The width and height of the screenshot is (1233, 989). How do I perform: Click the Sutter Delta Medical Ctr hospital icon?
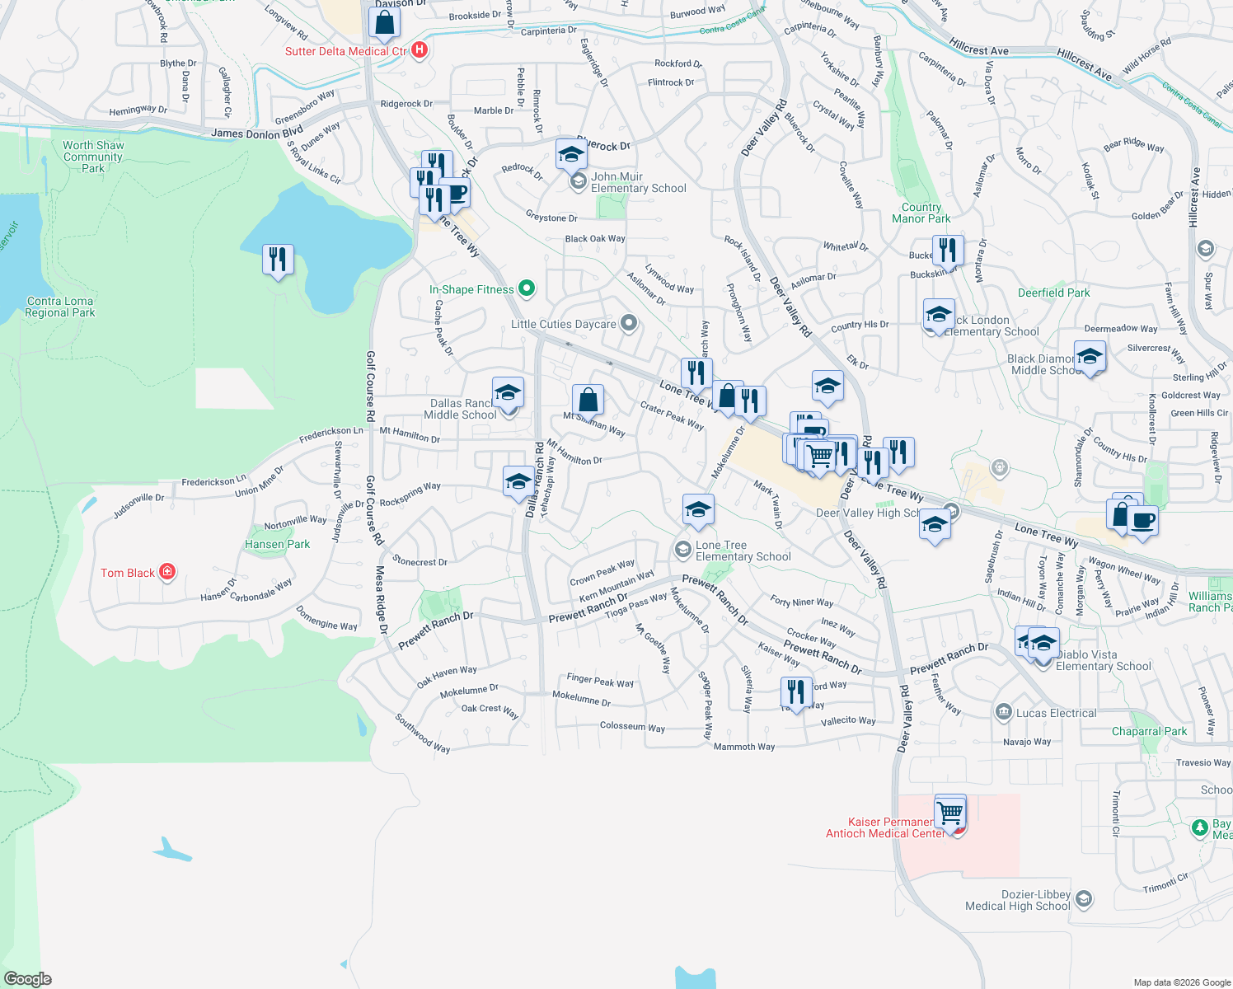click(x=420, y=50)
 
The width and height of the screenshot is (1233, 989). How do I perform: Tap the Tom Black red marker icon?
click(x=167, y=572)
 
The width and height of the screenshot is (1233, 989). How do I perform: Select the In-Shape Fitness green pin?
click(x=527, y=288)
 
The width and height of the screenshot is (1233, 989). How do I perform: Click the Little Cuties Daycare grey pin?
click(x=629, y=323)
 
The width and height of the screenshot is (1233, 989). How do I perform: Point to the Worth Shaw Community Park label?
click(x=93, y=157)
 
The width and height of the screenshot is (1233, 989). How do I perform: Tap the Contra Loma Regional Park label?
click(x=60, y=307)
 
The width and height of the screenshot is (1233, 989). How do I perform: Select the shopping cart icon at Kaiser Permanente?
click(x=950, y=812)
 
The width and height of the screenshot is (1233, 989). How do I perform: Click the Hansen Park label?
click(x=278, y=544)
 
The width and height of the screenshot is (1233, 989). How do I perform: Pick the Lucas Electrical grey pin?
click(x=1003, y=712)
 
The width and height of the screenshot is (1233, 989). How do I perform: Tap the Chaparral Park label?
click(x=1149, y=731)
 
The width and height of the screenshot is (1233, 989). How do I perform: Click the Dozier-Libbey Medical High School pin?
click(x=1084, y=899)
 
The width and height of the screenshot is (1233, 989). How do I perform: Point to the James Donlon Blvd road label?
click(x=256, y=133)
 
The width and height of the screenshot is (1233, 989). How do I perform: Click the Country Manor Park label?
click(x=921, y=213)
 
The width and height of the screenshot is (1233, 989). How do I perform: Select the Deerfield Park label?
click(x=1053, y=293)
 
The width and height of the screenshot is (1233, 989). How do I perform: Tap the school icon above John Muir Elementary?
click(x=571, y=154)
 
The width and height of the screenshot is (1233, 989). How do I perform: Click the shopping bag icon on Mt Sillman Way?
click(x=588, y=401)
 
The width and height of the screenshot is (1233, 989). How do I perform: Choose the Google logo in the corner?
click(x=28, y=978)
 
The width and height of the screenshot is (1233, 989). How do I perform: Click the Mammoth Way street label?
click(x=744, y=747)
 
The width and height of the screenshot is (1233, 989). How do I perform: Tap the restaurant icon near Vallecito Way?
click(x=795, y=692)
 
